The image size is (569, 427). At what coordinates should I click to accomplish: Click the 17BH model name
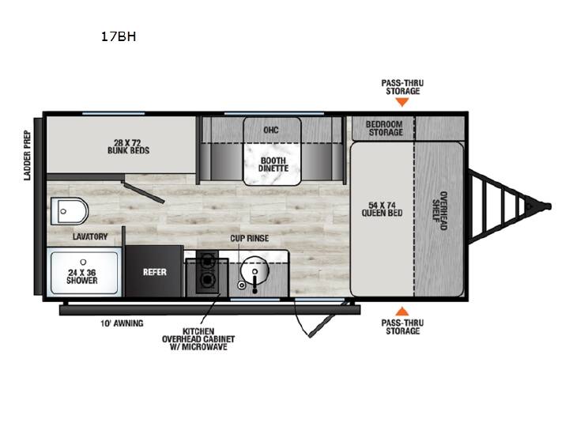coord(119,36)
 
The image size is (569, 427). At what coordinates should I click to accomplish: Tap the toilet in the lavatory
coord(70,211)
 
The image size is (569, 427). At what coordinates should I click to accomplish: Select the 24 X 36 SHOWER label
coord(82,276)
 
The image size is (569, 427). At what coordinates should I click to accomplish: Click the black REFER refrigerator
coord(154,271)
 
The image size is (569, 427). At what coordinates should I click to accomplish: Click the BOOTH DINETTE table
coord(273,164)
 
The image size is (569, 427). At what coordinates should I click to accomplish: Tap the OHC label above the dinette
coord(271,130)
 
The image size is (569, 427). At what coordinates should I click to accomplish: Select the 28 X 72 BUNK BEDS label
coord(129,146)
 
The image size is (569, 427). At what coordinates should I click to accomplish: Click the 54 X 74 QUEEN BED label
coord(382,209)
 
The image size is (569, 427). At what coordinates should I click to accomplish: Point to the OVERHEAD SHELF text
coord(439,210)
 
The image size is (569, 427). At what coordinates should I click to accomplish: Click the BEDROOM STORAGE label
coord(385,128)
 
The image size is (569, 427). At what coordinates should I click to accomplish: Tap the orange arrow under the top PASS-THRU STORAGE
coord(402,102)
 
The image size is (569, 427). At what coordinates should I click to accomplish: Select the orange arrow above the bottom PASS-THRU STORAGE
coord(402,311)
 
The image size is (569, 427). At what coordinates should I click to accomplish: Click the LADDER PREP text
coord(27,156)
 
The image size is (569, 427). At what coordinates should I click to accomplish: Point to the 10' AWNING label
coord(122,323)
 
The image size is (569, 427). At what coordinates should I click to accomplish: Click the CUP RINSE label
coord(250,238)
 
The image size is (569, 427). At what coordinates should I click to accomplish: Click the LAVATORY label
coord(90,236)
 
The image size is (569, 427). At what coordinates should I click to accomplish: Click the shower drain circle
coord(84,262)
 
